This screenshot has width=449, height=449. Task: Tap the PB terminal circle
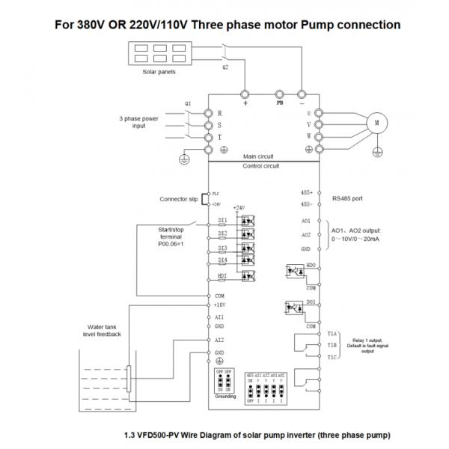pyautogui.click(x=279, y=94)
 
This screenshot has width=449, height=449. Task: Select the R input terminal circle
pyautogui.click(x=210, y=112)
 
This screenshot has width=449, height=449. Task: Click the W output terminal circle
pyautogui.click(x=319, y=137)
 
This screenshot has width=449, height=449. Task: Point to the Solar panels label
pyautogui.click(x=159, y=73)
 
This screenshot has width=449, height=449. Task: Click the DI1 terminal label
pyautogui.click(x=222, y=220)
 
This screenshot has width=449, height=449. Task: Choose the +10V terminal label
pyautogui.click(x=220, y=305)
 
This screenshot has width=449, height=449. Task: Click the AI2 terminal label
pyautogui.click(x=219, y=340)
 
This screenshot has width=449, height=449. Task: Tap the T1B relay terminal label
pyautogui.click(x=333, y=345)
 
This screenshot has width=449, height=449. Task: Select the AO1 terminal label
pyautogui.click(x=305, y=221)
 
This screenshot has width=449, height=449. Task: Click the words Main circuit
pyautogui.click(x=260, y=156)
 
